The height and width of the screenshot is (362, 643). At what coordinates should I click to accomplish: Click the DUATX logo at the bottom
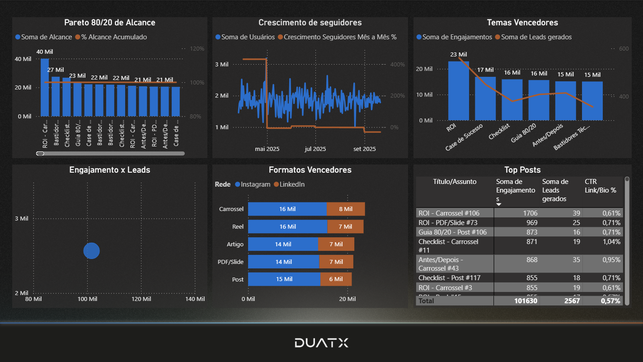(321, 343)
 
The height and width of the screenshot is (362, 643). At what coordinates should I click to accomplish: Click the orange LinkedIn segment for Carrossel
(346, 209)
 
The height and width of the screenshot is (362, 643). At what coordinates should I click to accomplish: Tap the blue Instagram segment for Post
(284, 279)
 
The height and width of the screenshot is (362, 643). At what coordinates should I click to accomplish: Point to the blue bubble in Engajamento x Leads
(91, 251)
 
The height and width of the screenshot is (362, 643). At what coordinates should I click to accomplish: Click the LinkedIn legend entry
(291, 184)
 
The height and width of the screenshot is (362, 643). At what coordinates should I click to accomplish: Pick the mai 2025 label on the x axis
(267, 149)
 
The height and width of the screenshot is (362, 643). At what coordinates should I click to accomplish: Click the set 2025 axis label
(364, 149)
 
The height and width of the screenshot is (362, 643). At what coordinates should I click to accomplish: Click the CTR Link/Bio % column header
(600, 186)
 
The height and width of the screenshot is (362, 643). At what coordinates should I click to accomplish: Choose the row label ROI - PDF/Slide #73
(448, 223)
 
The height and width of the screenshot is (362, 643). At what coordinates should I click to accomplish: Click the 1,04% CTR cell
(611, 242)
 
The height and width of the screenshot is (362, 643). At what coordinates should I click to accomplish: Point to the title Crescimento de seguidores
(310, 23)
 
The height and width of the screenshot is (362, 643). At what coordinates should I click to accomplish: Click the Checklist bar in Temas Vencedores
(512, 100)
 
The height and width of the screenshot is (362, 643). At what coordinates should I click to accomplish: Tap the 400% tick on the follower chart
(397, 65)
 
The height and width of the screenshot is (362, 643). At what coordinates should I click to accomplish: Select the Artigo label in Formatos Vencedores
(235, 244)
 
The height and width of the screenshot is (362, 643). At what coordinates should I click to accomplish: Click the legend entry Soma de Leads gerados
(536, 37)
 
